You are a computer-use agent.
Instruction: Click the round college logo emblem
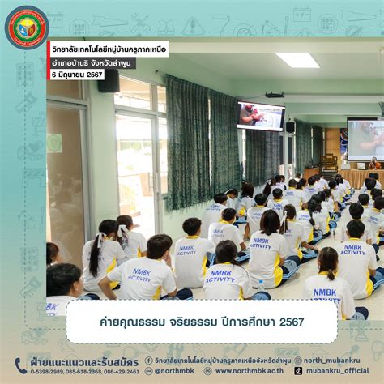click(27, 28)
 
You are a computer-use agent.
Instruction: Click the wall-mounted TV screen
click(260, 116)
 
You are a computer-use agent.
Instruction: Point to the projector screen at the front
click(365, 139)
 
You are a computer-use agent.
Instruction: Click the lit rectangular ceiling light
click(297, 60)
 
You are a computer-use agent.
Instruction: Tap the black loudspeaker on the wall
click(109, 80)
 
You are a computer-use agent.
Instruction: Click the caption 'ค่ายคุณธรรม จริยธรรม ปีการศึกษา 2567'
click(191, 322)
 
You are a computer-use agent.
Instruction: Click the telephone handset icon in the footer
click(20, 366)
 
